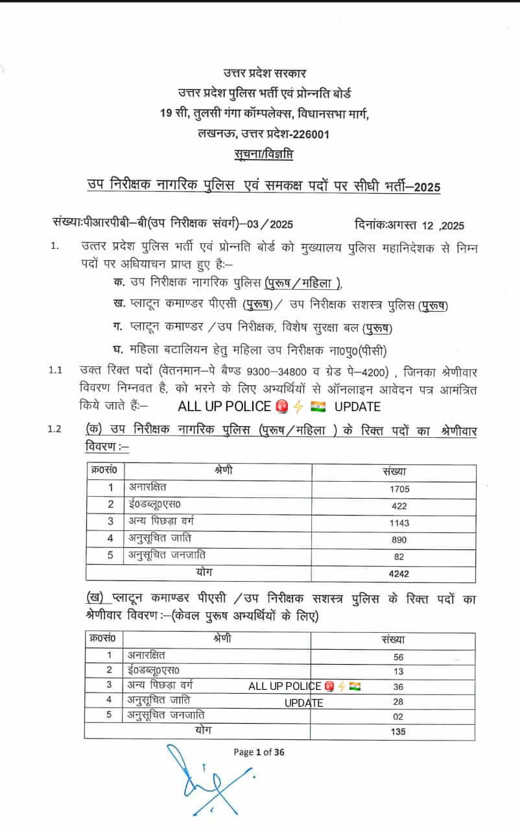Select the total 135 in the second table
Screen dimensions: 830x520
point(398,732)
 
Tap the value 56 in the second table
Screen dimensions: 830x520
point(398,657)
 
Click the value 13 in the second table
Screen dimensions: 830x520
point(398,671)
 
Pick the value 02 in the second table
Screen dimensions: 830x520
point(398,717)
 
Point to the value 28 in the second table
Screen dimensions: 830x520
point(398,702)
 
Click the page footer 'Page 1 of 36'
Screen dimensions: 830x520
point(259,752)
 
